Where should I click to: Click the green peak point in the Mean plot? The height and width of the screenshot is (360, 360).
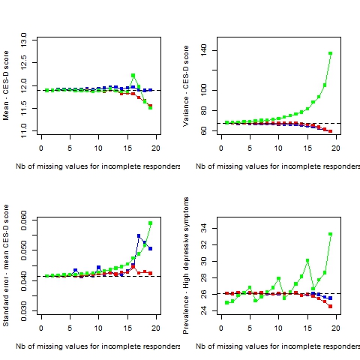(x=133, y=75)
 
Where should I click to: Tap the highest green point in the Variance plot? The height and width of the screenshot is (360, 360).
(x=331, y=53)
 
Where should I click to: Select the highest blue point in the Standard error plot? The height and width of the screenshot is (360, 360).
(x=139, y=235)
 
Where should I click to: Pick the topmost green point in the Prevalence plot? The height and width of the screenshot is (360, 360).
(x=331, y=234)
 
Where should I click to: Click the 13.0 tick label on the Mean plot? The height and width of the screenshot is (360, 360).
(x=24, y=40)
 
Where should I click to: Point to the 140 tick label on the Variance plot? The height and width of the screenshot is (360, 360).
(x=204, y=50)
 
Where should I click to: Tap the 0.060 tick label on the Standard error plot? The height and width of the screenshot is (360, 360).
(x=24, y=220)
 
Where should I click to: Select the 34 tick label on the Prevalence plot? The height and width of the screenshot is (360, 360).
(x=204, y=228)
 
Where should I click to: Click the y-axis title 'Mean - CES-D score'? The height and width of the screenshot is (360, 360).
(x=6, y=85)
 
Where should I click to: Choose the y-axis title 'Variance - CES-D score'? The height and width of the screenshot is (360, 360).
(x=186, y=86)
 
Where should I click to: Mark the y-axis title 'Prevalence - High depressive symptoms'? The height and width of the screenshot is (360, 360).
(x=186, y=265)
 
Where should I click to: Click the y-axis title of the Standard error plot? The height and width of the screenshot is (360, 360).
(x=6, y=265)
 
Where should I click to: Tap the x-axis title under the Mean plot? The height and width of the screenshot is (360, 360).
(x=97, y=166)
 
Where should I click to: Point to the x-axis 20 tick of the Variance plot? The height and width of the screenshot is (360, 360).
(x=336, y=148)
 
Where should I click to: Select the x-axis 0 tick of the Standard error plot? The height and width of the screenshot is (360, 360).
(x=41, y=328)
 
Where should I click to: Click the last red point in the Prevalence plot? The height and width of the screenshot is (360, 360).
(x=331, y=306)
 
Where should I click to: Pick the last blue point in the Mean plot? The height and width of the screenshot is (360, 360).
(x=150, y=90)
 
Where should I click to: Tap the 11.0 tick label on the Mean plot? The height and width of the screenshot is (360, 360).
(x=24, y=130)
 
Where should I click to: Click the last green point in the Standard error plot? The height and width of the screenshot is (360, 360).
(x=150, y=223)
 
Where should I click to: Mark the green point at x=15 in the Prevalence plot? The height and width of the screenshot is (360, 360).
(x=307, y=260)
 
